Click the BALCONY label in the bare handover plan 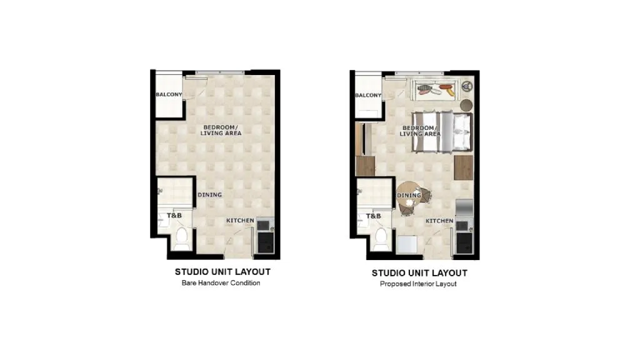[169, 95]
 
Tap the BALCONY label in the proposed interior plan [368, 96]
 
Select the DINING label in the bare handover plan [210, 195]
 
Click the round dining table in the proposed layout [409, 196]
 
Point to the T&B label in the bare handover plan [174, 216]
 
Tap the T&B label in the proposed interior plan [374, 216]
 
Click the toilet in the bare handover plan [181, 239]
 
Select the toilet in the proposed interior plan [381, 239]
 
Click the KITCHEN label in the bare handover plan [241, 221]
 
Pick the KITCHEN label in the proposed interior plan [439, 221]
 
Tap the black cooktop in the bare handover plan [265, 242]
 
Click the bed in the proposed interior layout [442, 132]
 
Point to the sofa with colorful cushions [435, 90]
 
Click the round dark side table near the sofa [466, 105]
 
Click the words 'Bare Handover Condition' [221, 283]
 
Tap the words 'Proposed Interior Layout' [418, 284]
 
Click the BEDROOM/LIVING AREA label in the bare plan [221, 130]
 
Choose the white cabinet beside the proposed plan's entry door [407, 245]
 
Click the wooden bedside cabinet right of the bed [464, 167]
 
